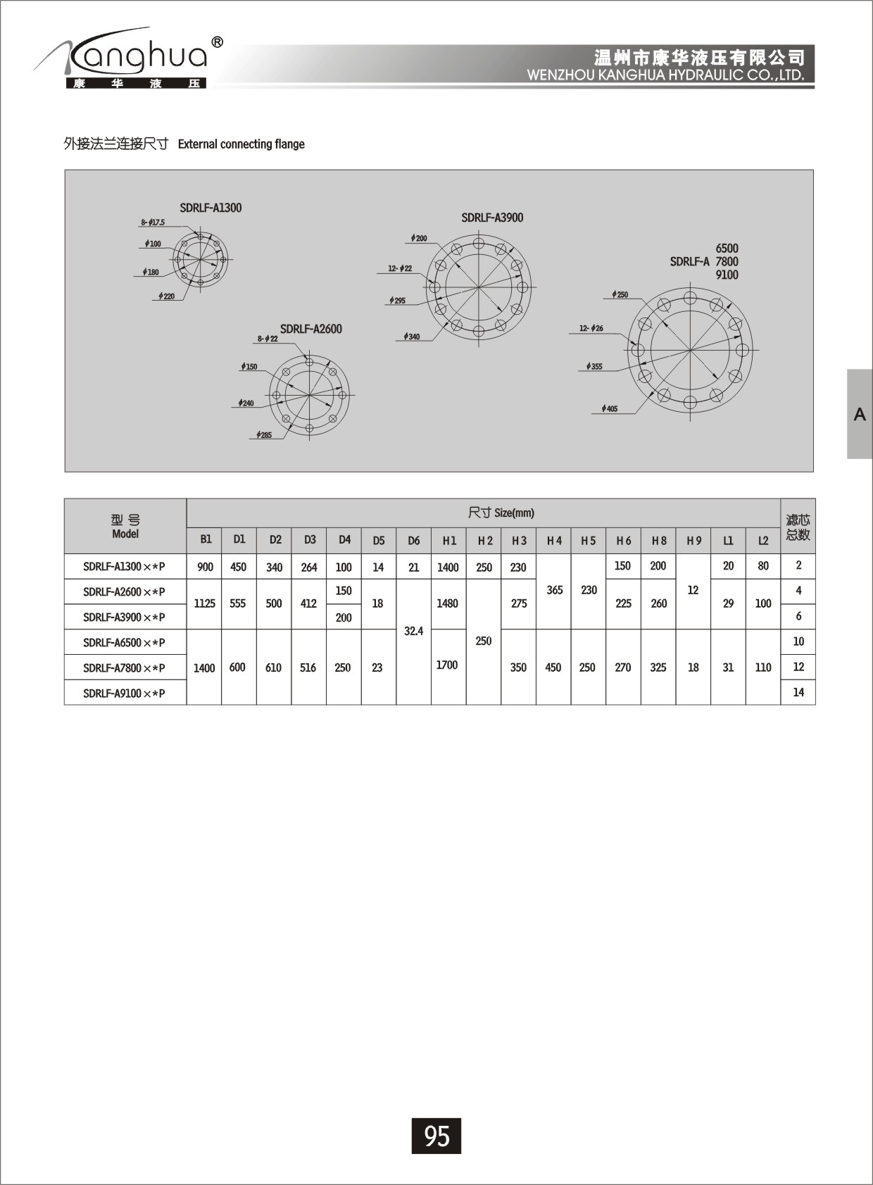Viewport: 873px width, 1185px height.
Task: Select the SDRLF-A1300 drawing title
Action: pos(211,208)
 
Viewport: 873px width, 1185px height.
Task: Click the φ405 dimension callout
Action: pos(610,408)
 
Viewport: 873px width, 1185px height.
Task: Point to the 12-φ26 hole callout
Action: pos(591,328)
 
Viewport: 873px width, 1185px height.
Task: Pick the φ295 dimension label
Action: pos(397,301)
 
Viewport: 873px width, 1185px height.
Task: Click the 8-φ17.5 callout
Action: pos(153,222)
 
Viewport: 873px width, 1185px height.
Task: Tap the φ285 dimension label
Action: pos(264,435)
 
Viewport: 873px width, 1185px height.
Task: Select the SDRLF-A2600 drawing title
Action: pos(311,329)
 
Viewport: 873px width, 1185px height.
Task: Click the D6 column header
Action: pos(414,541)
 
